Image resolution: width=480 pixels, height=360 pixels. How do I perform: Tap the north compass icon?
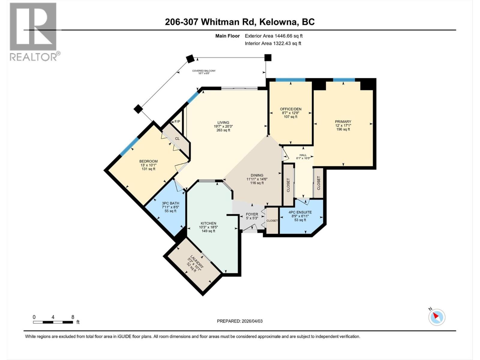pyautogui.click(x=437, y=317)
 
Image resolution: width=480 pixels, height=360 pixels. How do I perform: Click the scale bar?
pyautogui.click(x=53, y=322)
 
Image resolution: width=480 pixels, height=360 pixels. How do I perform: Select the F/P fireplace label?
pyautogui.click(x=177, y=121)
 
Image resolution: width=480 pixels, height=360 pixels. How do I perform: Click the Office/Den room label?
pyautogui.click(x=290, y=109)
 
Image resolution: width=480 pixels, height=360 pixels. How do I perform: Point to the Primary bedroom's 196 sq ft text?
pyautogui.click(x=343, y=129)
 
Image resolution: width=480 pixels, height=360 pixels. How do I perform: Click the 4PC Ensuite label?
pyautogui.click(x=300, y=212)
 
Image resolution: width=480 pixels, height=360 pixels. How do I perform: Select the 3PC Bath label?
pyautogui.click(x=170, y=203)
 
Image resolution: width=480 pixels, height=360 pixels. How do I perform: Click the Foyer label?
pyautogui.click(x=252, y=214)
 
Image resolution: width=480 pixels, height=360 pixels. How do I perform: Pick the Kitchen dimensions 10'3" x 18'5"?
pyautogui.click(x=208, y=227)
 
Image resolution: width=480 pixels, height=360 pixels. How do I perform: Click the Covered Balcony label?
pyautogui.click(x=204, y=71)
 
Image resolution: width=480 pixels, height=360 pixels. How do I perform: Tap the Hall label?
pyautogui.click(x=303, y=155)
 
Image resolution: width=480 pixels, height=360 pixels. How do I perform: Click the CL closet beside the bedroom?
pyautogui.click(x=177, y=139)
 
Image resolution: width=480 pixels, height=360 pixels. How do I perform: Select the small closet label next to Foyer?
pyautogui.click(x=272, y=220)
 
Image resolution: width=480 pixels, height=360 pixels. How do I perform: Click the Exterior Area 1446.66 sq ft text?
pyautogui.click(x=274, y=36)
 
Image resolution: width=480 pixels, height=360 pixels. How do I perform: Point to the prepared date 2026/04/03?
pyautogui.click(x=252, y=321)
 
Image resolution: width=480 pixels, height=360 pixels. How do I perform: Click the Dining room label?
pyautogui.click(x=257, y=175)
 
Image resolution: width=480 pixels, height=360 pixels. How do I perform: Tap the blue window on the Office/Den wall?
pyautogui.click(x=290, y=80)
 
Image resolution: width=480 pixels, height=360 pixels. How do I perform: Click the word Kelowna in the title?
pyautogui.click(x=278, y=22)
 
